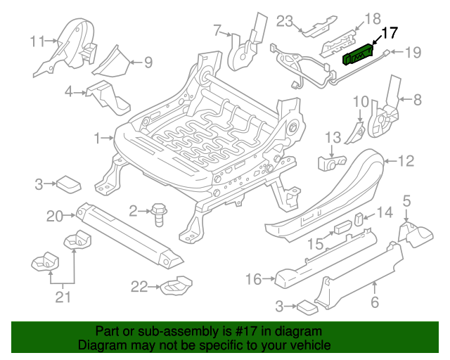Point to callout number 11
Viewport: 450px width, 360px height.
click(x=37, y=40)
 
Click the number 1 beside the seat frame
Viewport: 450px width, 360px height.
click(x=98, y=137)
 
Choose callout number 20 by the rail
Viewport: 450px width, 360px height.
click(x=55, y=216)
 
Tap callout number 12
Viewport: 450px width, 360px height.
click(x=406, y=162)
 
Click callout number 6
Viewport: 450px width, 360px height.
click(x=374, y=303)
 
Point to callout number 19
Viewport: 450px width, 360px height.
click(x=413, y=51)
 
